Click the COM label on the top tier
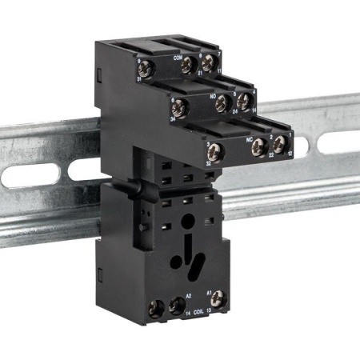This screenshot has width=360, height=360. [x=178, y=58]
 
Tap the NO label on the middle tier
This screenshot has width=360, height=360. [x=213, y=97]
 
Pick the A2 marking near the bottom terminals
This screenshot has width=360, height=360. [x=189, y=296]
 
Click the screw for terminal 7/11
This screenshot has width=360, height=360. [x=209, y=63]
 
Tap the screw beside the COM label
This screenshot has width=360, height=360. [x=190, y=65]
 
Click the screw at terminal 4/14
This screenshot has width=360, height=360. [x=242, y=102]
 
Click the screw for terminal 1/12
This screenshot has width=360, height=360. [x=280, y=144]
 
